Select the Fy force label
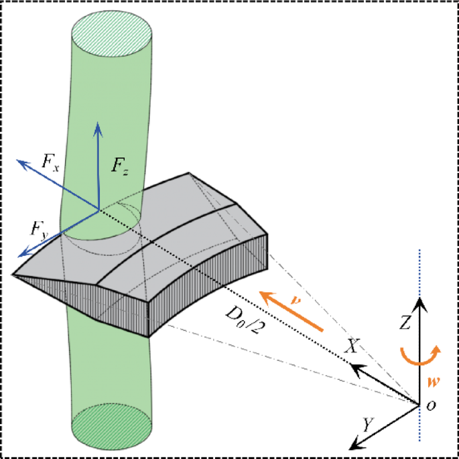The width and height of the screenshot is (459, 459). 38,228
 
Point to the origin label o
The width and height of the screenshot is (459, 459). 433,404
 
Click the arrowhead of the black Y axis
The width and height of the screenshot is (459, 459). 354,444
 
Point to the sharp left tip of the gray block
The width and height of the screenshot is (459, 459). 14,273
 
